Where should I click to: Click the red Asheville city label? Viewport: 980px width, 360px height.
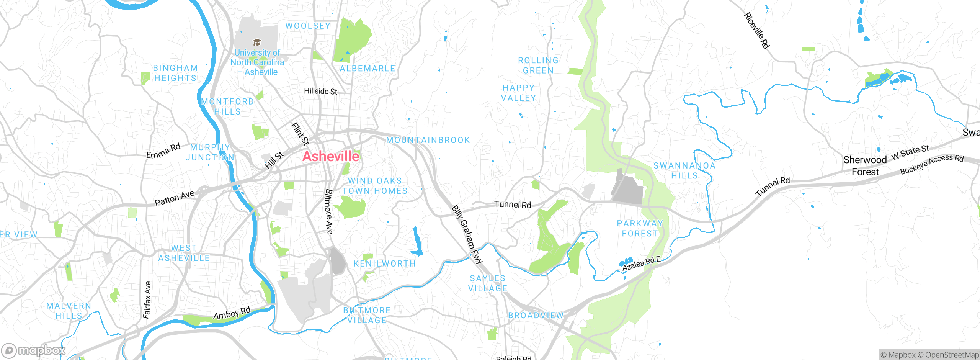click(331, 156)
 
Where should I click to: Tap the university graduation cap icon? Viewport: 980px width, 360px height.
click(257, 42)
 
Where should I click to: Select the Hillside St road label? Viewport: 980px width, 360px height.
click(320, 91)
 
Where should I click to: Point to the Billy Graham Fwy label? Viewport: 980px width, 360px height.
click(467, 235)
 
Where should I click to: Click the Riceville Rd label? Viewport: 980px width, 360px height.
click(756, 31)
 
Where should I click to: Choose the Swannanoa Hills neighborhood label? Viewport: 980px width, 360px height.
click(684, 170)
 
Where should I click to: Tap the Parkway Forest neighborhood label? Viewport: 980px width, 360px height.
click(640, 228)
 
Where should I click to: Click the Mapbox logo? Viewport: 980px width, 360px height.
click(34, 350)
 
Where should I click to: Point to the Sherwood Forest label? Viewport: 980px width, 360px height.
click(865, 165)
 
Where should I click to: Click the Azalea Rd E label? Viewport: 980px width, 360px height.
click(641, 263)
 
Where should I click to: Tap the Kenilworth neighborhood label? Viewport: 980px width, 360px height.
click(384, 263)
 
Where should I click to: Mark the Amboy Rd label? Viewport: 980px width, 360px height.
click(232, 313)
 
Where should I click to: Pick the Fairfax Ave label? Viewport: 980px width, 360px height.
click(147, 300)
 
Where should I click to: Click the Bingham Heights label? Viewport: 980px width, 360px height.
click(175, 73)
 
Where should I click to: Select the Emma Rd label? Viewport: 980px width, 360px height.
click(163, 151)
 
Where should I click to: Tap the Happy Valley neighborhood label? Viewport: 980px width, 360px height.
click(519, 93)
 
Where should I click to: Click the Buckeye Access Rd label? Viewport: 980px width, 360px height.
click(931, 164)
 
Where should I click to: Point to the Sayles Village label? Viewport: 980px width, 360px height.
click(488, 283)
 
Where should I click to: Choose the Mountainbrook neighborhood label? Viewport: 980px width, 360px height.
click(428, 140)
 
